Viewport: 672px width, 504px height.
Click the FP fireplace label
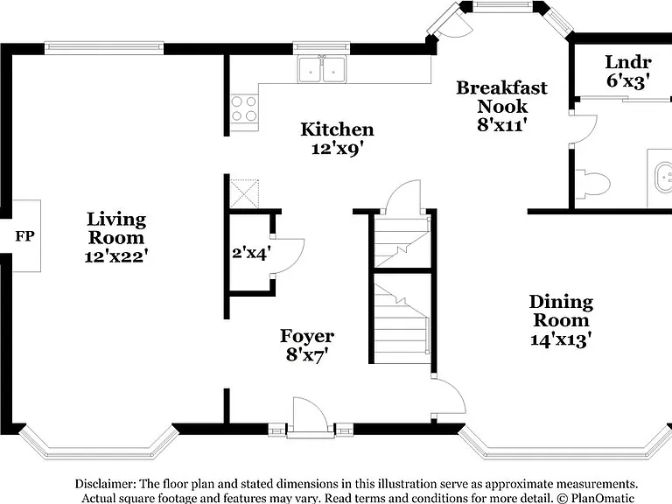(x=24, y=235)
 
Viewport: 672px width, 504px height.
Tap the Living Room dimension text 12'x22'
(x=116, y=256)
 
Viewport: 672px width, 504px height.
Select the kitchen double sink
(x=322, y=69)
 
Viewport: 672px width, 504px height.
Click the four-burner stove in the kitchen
(x=244, y=108)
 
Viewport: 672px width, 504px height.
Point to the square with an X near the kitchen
(x=244, y=193)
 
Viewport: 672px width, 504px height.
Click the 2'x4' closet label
(x=251, y=253)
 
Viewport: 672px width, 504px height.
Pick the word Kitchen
(x=337, y=129)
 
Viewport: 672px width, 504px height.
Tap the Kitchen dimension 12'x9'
(x=337, y=149)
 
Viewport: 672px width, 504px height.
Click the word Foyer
(x=307, y=336)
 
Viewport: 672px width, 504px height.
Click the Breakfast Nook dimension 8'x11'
(x=501, y=125)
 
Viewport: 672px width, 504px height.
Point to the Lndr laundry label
(x=628, y=62)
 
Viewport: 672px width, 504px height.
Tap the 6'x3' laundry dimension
(x=628, y=80)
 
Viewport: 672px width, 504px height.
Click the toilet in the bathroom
(x=592, y=184)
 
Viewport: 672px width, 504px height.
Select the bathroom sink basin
(x=663, y=177)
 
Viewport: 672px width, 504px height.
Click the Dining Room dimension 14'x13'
(x=561, y=339)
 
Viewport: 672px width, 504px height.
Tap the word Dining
(x=561, y=302)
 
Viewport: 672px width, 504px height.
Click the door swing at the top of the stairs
(x=402, y=196)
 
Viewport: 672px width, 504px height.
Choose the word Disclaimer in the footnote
(x=105, y=484)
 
